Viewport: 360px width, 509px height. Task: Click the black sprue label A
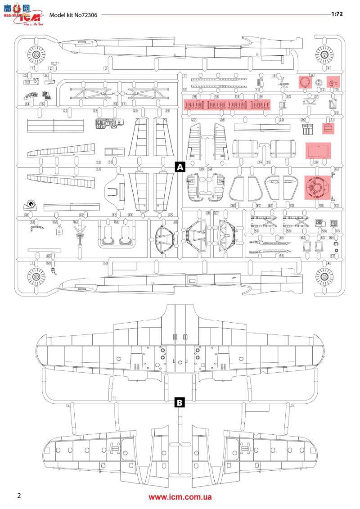coord(180,167)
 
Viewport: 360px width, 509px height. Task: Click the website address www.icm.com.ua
coord(180,497)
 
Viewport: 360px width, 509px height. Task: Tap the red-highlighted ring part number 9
coord(305,82)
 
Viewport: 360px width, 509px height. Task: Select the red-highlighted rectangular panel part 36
coord(318,151)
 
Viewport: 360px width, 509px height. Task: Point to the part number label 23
coord(65,111)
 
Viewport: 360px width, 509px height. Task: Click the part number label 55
coord(175,222)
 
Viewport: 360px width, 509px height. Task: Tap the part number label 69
coord(106,262)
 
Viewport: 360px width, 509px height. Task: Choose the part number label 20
coord(288,97)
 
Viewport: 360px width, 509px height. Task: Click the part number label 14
coord(27,104)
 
